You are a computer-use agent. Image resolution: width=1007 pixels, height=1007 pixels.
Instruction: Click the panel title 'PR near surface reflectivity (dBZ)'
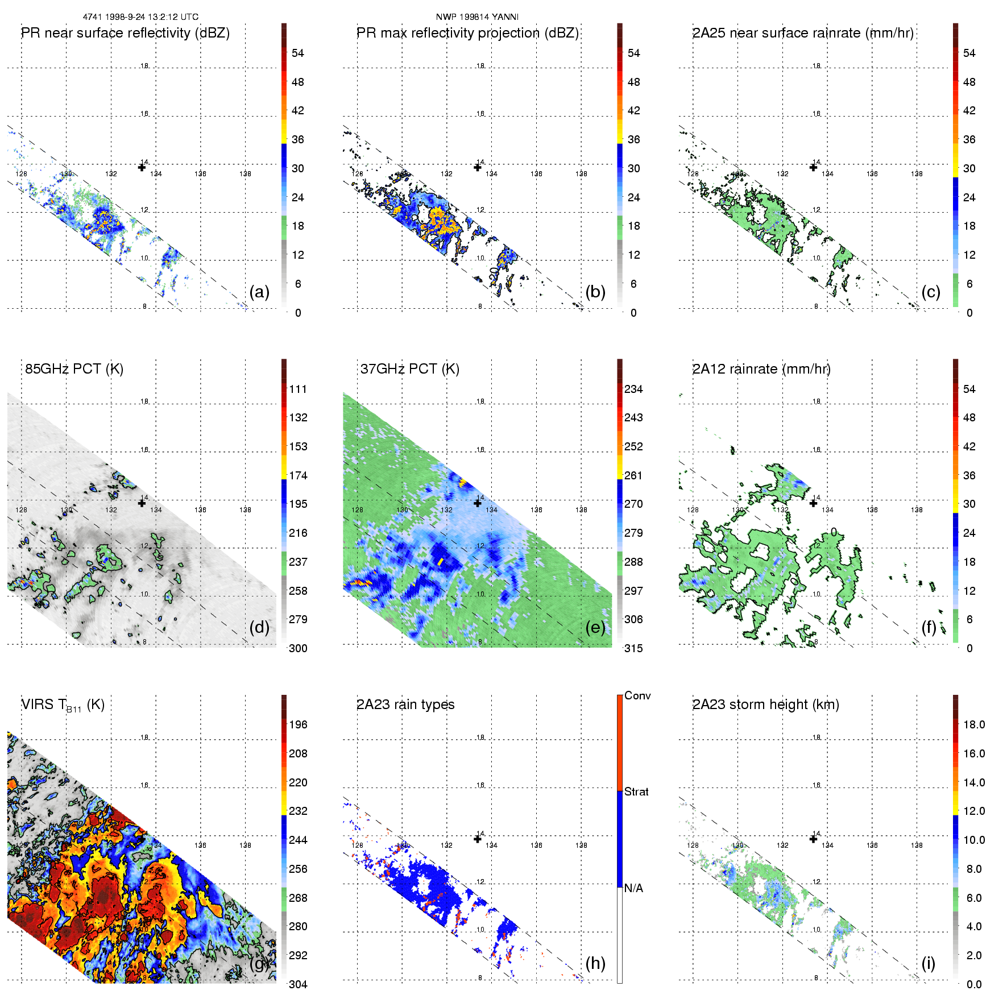coord(125,33)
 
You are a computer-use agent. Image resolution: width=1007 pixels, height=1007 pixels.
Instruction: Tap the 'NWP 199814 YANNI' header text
coord(477,16)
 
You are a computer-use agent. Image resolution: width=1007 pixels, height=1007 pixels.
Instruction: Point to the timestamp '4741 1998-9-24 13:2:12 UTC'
coord(140,16)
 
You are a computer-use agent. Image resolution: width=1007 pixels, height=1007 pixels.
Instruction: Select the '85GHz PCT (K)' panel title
coord(74,369)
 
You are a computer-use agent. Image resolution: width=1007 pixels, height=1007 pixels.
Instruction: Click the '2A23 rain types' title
coord(405,705)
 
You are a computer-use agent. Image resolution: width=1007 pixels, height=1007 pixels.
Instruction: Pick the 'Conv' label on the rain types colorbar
coord(637,695)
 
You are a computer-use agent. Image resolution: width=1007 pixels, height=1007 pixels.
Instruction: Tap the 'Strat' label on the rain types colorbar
coord(636,791)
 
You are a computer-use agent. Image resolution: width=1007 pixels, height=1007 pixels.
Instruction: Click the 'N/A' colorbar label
coord(633,888)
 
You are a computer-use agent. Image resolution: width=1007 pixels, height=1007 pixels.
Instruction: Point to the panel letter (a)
coord(259,292)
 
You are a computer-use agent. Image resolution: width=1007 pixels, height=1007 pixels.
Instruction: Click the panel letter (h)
coord(595,963)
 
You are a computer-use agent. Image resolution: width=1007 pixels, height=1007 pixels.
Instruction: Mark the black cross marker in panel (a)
coord(142,167)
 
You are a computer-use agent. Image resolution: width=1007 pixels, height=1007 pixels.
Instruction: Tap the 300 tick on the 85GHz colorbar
coord(298,648)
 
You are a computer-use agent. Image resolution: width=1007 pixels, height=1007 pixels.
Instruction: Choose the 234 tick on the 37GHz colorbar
coord(633,389)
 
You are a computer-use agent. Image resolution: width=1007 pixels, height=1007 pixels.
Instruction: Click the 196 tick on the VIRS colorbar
coord(298,724)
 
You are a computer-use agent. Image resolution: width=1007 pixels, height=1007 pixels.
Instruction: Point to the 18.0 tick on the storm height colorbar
coord(974,724)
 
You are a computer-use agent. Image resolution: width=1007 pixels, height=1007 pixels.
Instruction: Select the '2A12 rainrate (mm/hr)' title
coord(761,369)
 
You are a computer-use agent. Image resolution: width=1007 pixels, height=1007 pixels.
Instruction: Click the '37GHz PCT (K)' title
coord(409,369)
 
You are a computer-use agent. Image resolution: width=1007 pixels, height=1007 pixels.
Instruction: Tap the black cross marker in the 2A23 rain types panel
coord(478,839)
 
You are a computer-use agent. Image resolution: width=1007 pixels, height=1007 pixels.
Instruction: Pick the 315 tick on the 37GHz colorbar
coord(633,648)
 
